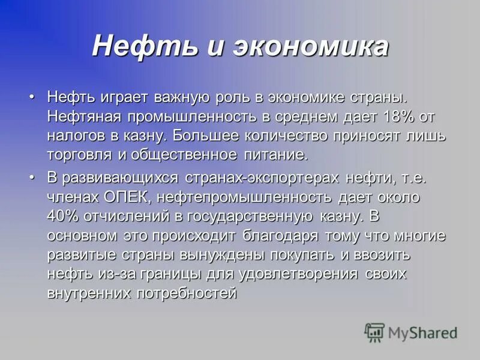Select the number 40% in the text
[x=62, y=217]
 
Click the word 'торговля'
[x=78, y=155]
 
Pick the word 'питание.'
[x=278, y=155]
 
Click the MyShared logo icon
[x=374, y=332]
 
